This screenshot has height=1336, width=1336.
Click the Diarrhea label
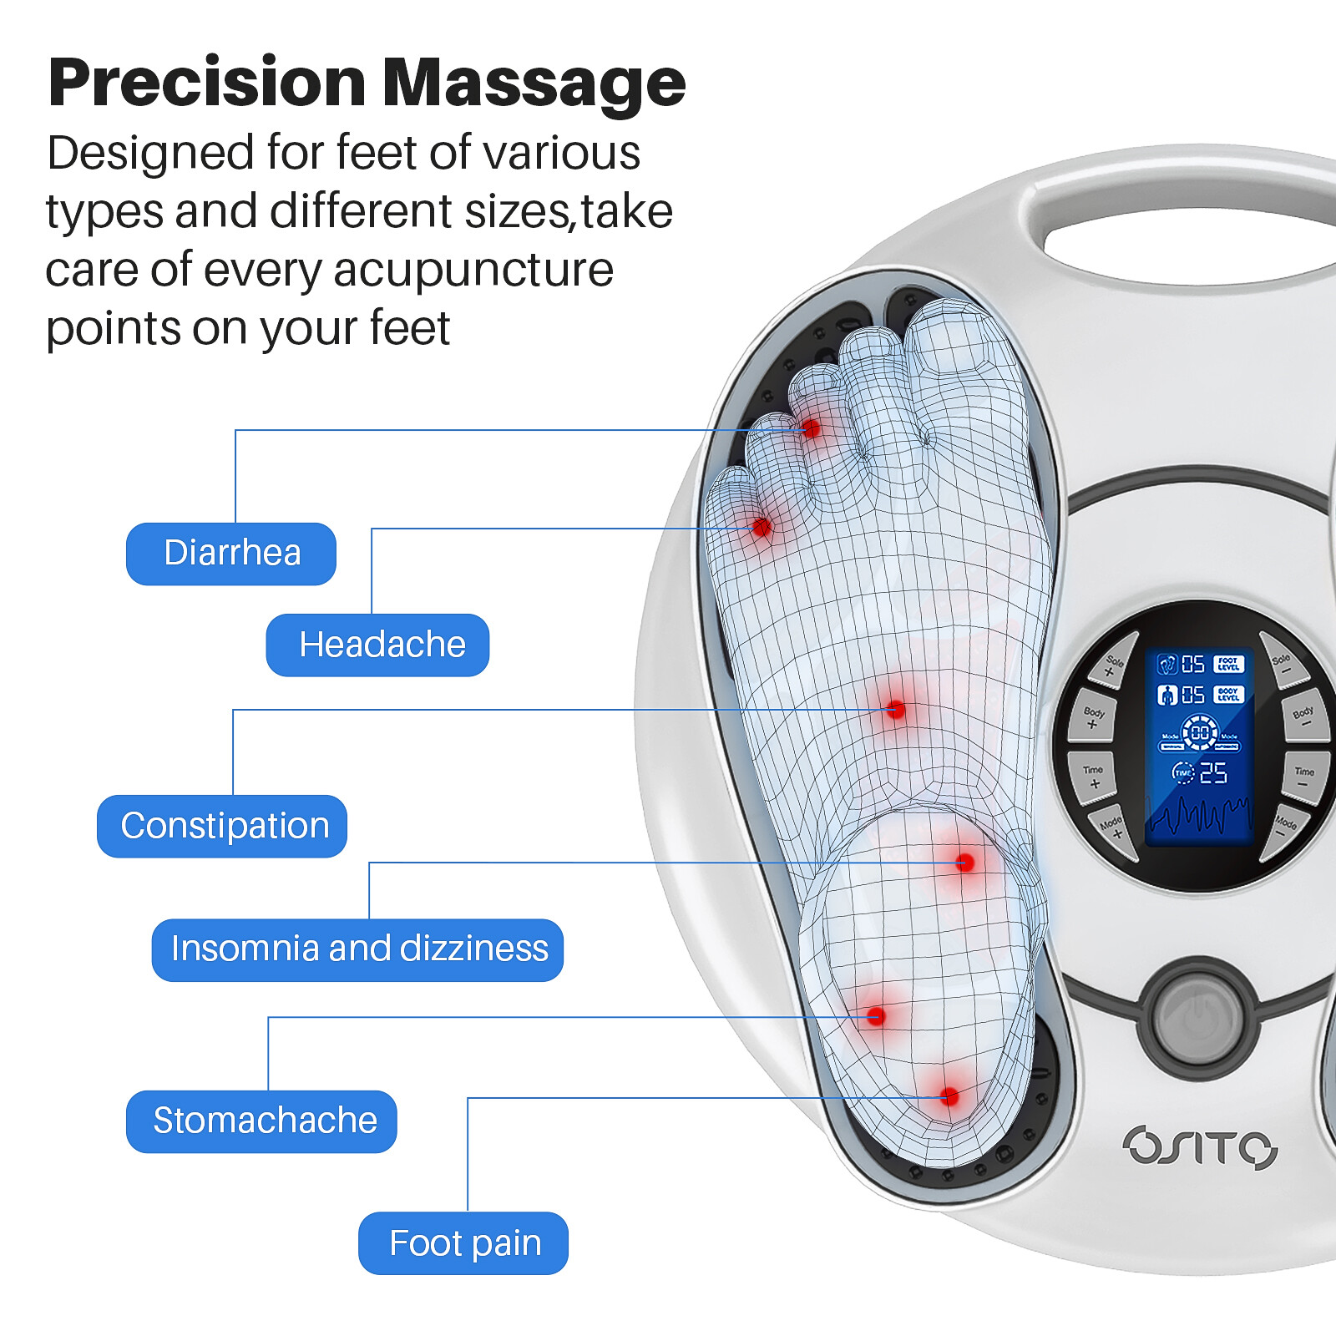click(x=231, y=554)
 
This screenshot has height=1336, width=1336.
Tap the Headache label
click(x=377, y=645)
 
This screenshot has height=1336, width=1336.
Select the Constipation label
click(x=222, y=826)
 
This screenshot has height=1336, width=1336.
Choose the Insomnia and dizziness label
click(x=357, y=949)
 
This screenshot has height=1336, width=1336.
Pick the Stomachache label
click(x=261, y=1121)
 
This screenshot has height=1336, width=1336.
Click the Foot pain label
click(x=463, y=1242)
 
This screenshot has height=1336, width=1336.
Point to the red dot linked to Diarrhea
click(x=810, y=429)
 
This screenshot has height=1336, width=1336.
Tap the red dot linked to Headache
click(x=761, y=527)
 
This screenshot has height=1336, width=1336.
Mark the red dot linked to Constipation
click(x=896, y=710)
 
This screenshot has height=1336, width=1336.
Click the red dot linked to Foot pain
click(x=949, y=1096)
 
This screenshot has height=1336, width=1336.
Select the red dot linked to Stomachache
click(x=875, y=1016)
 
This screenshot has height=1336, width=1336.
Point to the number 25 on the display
click(x=1212, y=773)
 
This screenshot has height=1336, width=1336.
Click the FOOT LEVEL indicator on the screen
click(x=1228, y=665)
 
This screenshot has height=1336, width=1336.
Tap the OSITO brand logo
click(x=1200, y=1146)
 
